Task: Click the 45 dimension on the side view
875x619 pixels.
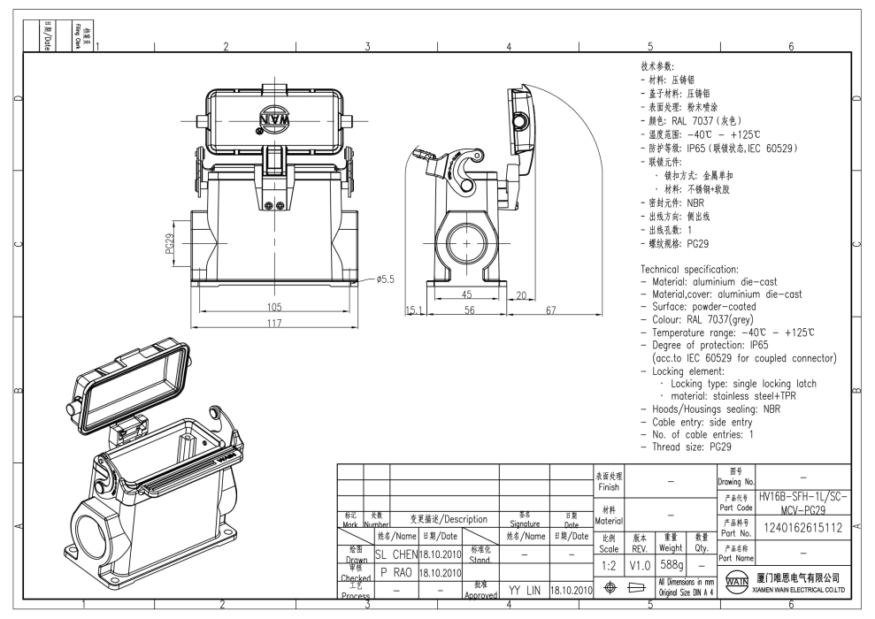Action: (467, 294)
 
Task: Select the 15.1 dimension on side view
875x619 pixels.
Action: (414, 310)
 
